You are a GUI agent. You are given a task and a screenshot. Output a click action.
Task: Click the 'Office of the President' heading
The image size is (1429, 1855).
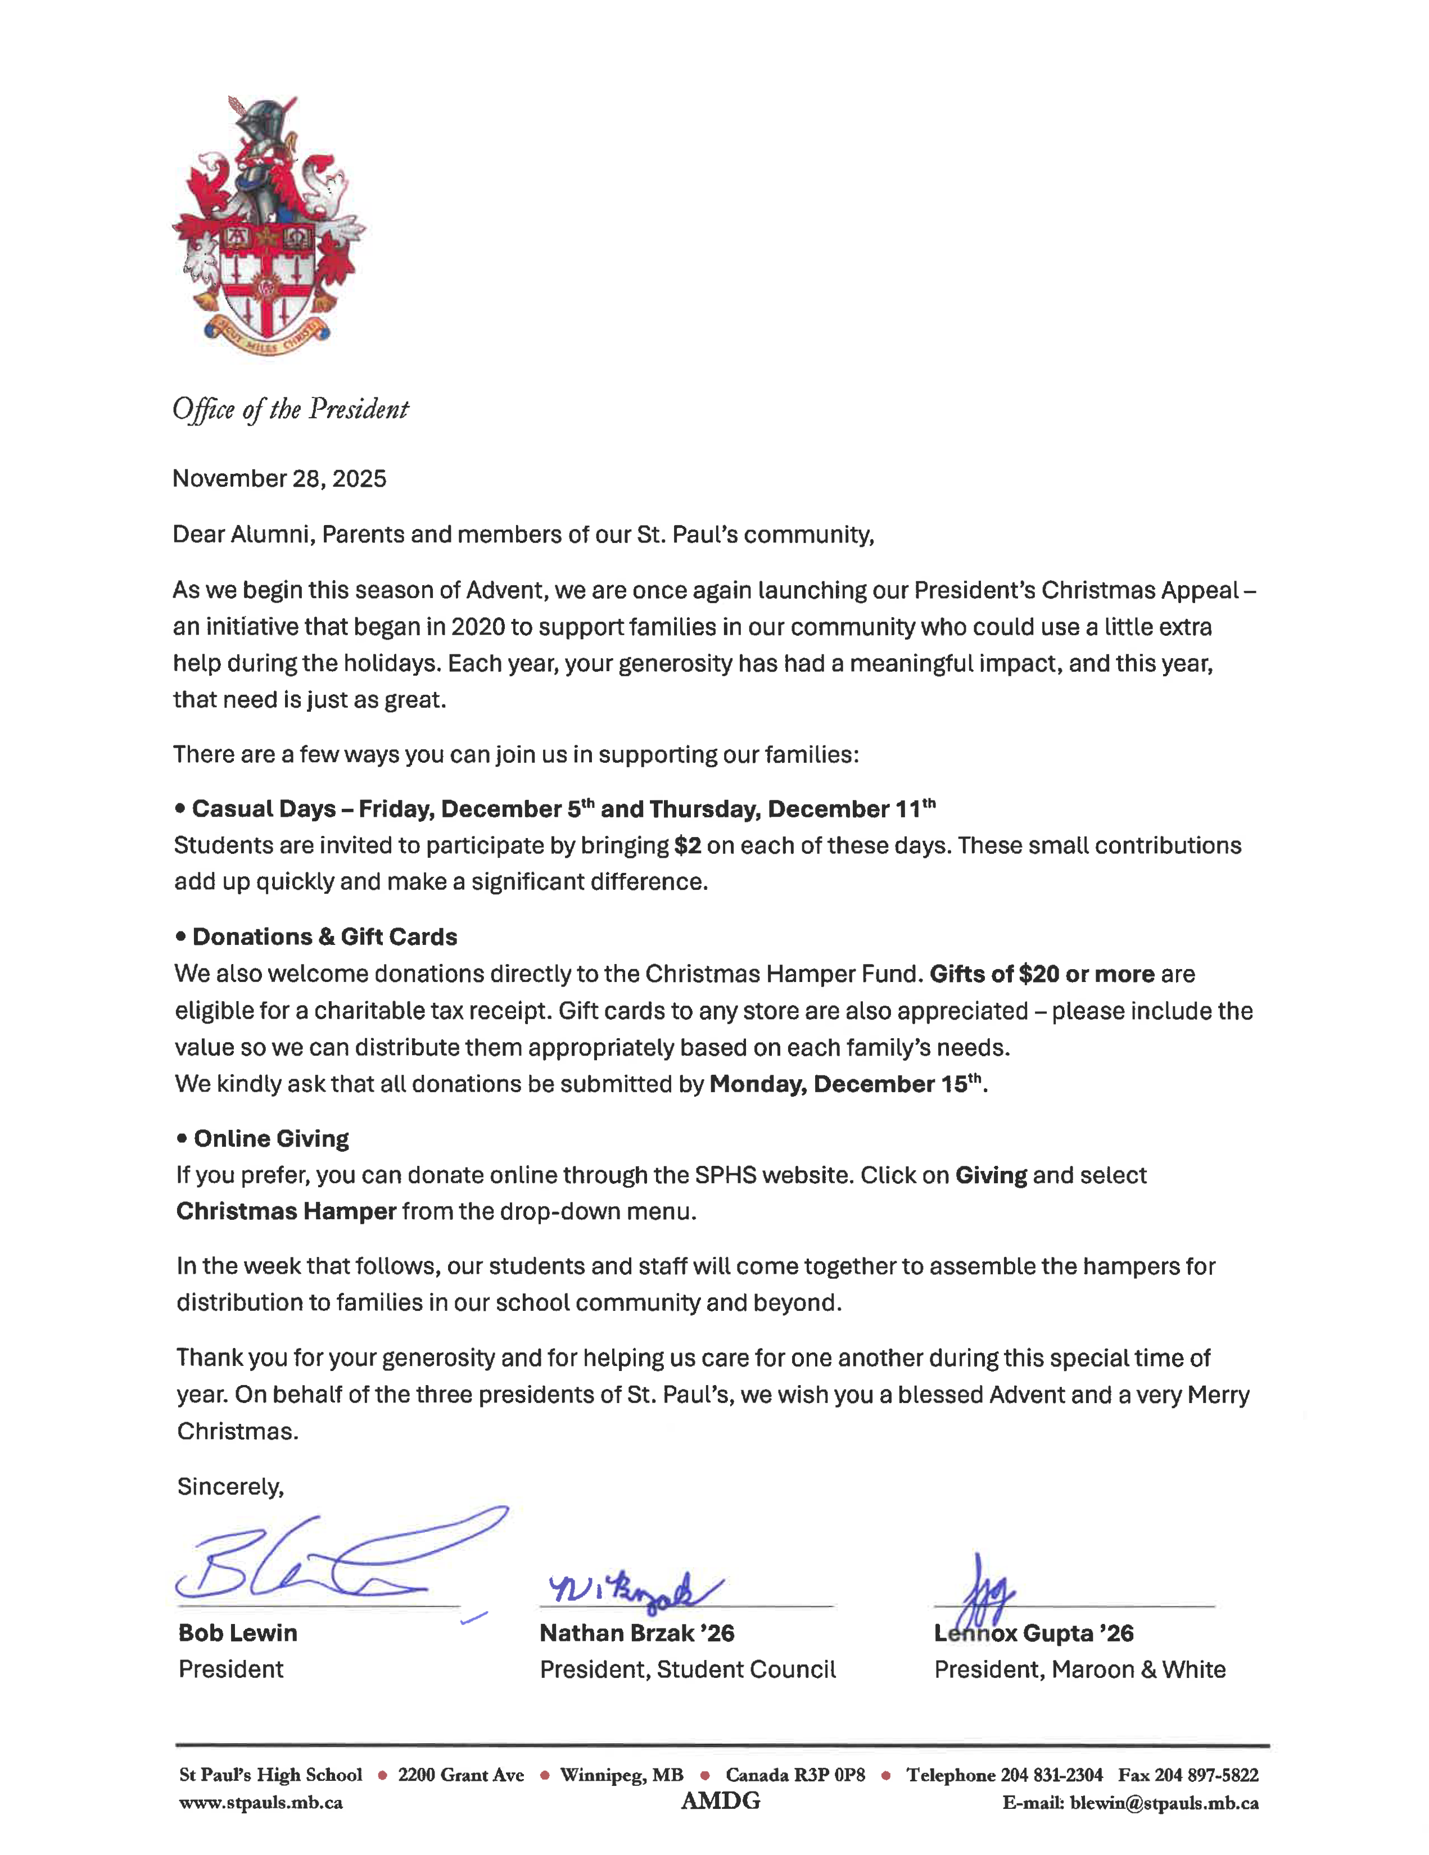click(291, 409)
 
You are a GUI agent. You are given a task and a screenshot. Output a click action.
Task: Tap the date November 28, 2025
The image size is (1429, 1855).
click(279, 479)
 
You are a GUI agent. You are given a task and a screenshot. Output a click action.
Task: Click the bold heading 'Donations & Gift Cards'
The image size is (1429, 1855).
click(324, 937)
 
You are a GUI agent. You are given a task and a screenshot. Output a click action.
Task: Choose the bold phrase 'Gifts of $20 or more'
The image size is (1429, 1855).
click(1042, 974)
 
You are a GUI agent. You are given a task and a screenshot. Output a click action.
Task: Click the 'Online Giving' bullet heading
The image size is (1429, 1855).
click(271, 1139)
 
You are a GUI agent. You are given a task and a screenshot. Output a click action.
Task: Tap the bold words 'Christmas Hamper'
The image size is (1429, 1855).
click(286, 1211)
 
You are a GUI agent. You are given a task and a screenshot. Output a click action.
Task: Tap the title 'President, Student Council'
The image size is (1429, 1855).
click(688, 1670)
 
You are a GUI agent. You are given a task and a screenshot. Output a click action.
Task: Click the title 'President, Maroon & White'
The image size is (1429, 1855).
click(1079, 1670)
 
